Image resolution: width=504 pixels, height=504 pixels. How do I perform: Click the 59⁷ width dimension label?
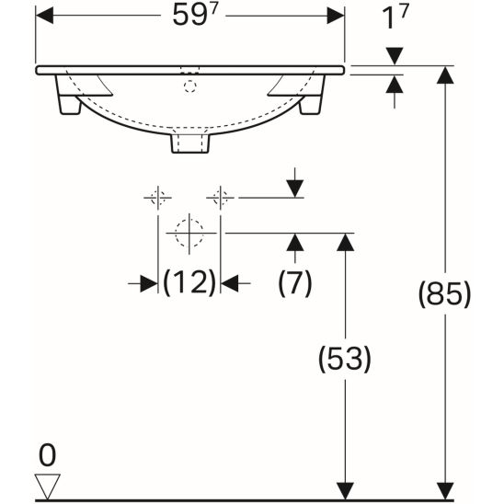click(x=195, y=15)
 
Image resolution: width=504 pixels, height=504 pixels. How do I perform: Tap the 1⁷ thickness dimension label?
click(x=395, y=17)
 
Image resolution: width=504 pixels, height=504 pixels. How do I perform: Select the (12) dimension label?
click(x=189, y=283)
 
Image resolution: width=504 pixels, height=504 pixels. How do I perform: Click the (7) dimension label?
click(x=294, y=283)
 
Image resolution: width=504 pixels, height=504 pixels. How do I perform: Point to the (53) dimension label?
click(x=345, y=359)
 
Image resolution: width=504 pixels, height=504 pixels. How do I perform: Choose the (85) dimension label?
click(x=444, y=293)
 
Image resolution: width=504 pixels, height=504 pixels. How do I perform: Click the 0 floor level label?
click(x=47, y=455)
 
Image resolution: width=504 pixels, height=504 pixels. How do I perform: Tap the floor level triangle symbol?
click(x=47, y=486)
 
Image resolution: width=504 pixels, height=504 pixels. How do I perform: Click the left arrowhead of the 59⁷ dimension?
click(x=44, y=16)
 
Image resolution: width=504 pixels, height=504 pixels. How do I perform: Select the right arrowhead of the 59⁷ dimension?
click(x=336, y=16)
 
